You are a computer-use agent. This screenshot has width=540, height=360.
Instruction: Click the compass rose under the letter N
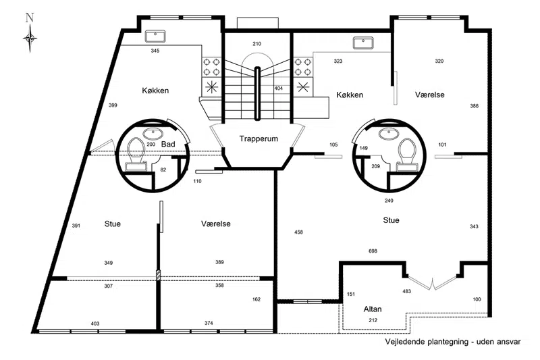tap(30, 38)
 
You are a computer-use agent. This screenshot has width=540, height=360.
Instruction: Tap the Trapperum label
tap(259, 139)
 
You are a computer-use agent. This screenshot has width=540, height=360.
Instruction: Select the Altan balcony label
tap(373, 309)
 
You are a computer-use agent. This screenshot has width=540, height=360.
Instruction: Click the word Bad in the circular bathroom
tap(168, 145)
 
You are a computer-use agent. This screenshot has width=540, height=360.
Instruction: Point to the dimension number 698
tap(373, 251)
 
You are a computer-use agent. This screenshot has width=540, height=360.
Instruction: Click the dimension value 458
tap(298, 232)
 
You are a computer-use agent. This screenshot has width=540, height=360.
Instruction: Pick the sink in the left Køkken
tap(155, 36)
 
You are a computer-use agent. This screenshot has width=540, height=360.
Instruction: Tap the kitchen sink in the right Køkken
tap(363, 43)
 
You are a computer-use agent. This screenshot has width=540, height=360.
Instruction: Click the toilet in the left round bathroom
tap(136, 155)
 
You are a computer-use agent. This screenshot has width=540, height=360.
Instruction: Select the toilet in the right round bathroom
tap(407, 155)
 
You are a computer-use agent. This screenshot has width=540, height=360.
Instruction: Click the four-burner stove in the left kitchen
tap(211, 67)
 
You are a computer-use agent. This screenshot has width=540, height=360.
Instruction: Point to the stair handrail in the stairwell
tap(257, 93)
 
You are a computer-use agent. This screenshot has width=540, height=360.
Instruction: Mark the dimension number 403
tap(95, 324)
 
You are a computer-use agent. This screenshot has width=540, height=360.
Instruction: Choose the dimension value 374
tap(209, 323)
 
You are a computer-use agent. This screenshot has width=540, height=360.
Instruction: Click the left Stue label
tap(113, 224)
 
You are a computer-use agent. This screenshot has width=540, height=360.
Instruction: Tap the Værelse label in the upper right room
tap(429, 95)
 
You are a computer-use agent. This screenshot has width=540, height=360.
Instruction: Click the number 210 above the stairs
tap(257, 44)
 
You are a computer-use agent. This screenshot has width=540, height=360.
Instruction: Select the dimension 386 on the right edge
tap(475, 106)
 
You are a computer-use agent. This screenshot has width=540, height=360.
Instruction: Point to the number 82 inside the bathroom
tap(163, 170)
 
